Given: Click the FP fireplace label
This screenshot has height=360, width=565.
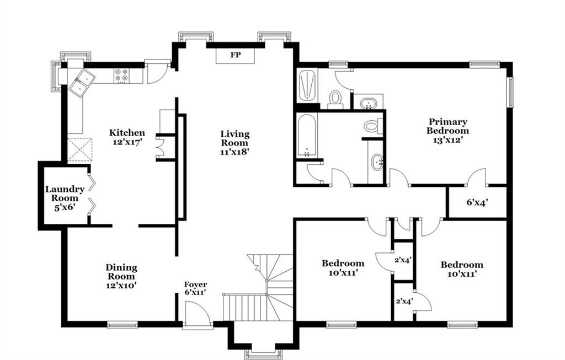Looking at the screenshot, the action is (x=236, y=55).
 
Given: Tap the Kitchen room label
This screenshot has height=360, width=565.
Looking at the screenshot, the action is (x=127, y=133).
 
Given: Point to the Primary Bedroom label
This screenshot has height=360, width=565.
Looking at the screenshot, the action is (x=448, y=126).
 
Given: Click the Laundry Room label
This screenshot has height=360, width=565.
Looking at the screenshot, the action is (x=65, y=194).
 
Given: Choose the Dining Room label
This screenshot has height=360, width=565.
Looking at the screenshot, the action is (x=121, y=272).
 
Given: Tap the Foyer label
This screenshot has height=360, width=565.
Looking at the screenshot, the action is (x=196, y=284).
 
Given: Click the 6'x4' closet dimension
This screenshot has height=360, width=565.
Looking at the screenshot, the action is (x=477, y=203).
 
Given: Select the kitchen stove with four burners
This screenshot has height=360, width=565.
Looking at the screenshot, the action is (x=121, y=76).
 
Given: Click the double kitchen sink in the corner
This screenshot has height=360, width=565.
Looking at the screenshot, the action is (x=82, y=83).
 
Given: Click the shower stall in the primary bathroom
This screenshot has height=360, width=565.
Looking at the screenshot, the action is (x=308, y=85).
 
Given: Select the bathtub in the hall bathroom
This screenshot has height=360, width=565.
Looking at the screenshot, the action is (x=307, y=136).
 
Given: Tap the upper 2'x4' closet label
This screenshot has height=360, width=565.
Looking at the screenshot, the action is (x=403, y=260).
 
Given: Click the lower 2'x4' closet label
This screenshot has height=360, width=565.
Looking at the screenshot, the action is (x=404, y=301).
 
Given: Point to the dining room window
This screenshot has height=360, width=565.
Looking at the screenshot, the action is (x=123, y=325).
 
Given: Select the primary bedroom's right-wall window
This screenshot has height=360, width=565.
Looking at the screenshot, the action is (x=510, y=92).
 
